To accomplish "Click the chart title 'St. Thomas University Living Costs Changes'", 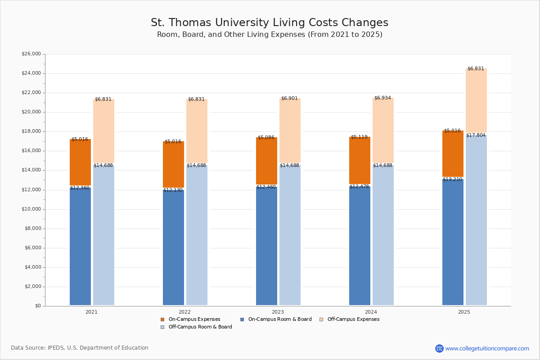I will coord(269,23).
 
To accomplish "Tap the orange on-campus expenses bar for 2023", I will coord(266,161).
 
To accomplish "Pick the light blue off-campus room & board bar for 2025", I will coord(476,220).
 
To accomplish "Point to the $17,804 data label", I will coord(476,135).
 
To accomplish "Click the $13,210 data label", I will coord(452,180).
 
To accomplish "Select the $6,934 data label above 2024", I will coord(382,98).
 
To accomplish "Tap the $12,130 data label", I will coord(173,190).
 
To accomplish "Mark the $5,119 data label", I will coord(359,137).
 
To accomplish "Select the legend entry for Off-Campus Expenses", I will coord(353,319).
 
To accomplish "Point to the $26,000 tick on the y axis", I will coord(31,54).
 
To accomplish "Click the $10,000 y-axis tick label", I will coord(31,209).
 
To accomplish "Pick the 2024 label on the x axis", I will coord(371,312).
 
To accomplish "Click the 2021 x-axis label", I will coord(91,312).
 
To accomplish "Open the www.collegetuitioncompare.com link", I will coord(487,348).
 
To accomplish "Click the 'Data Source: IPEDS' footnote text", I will coord(80,348).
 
